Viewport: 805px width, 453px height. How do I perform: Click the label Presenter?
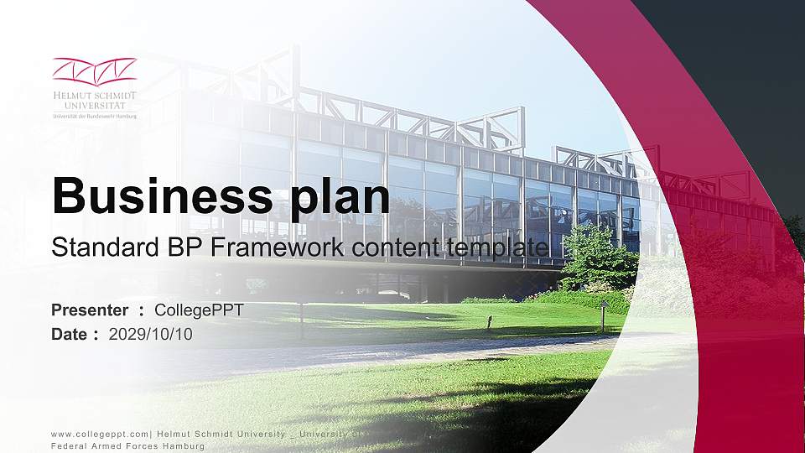click(x=90, y=310)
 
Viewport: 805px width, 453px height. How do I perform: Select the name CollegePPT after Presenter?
click(x=200, y=310)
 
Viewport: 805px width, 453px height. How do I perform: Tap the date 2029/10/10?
click(x=151, y=334)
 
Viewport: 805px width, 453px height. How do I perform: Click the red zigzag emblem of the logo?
click(x=94, y=70)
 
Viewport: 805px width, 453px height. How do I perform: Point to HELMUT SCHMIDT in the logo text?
click(x=94, y=96)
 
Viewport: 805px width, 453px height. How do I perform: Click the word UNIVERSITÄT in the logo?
click(x=94, y=106)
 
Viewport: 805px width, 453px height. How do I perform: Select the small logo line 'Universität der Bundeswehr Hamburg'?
click(x=94, y=116)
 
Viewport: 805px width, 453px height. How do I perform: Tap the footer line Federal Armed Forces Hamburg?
click(x=127, y=445)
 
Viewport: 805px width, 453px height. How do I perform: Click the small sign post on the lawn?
click(x=602, y=315)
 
